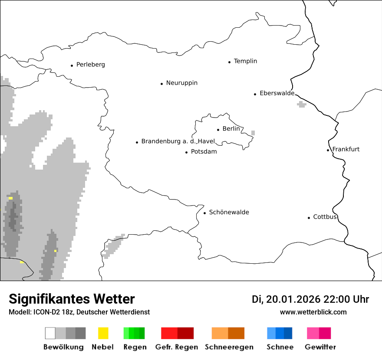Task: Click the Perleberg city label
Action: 90,65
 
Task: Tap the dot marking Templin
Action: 229,62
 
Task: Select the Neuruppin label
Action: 181,83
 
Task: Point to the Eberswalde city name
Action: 277,93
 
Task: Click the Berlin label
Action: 231,129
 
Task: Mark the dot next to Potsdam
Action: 186,152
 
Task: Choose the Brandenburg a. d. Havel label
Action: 178,141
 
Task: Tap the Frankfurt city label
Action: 346,149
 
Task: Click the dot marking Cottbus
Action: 309,218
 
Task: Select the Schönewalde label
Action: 229,212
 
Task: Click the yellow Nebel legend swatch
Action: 103,333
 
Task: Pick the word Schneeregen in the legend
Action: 229,347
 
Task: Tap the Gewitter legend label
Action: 320,347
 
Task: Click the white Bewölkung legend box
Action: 50,333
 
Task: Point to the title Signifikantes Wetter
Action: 72,299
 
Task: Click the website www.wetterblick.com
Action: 313,312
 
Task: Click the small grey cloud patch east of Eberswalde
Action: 302,104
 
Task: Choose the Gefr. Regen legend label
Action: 176,347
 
